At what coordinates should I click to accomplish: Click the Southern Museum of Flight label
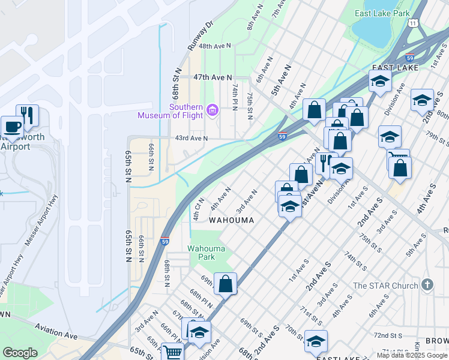(171, 111)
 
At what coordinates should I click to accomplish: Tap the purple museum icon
(211, 110)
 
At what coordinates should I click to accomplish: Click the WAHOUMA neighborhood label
(231, 220)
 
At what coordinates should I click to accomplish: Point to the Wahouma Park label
(206, 253)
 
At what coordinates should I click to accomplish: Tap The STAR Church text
(385, 286)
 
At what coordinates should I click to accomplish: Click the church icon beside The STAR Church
(427, 284)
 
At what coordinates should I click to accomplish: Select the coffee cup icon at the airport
(11, 127)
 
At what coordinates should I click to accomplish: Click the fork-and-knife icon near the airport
(27, 115)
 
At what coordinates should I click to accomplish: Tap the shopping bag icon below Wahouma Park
(225, 284)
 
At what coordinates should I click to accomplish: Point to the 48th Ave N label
(215, 46)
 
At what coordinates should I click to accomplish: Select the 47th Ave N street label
(212, 77)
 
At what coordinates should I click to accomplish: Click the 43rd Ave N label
(191, 139)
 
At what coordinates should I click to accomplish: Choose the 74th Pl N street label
(235, 96)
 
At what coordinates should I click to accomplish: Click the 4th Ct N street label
(199, 208)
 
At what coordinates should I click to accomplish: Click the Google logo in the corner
(20, 353)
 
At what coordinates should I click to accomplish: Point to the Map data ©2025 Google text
(411, 355)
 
